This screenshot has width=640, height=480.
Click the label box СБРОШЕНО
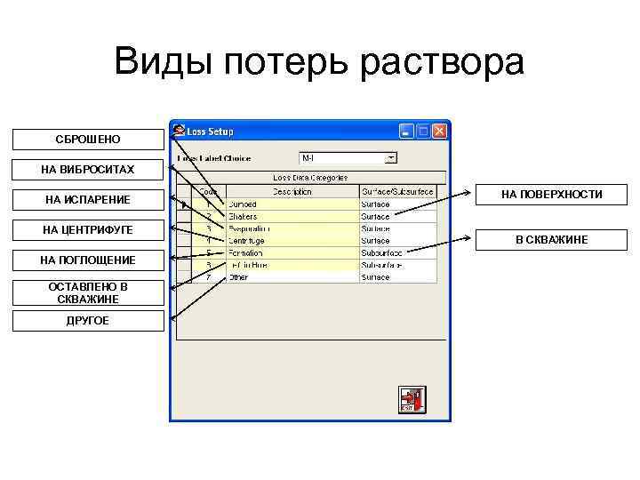(x=88, y=140)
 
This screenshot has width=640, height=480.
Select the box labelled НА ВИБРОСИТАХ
(x=88, y=169)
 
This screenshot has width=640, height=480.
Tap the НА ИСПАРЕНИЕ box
(x=88, y=200)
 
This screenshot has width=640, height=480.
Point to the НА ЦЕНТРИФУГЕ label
(x=88, y=230)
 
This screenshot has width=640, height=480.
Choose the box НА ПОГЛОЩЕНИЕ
(x=88, y=260)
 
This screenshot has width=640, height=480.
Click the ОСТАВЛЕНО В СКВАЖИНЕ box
(x=88, y=292)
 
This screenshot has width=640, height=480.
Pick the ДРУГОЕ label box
(x=88, y=321)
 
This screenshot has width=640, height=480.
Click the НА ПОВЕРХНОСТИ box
(x=552, y=194)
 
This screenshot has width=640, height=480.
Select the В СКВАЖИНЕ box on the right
(x=552, y=240)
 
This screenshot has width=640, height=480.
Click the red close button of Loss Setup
(x=439, y=132)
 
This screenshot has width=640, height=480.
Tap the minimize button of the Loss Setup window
(x=407, y=132)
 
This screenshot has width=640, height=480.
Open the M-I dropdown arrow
(x=391, y=158)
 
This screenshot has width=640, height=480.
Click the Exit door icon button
(x=412, y=399)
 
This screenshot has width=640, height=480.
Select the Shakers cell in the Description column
(x=292, y=216)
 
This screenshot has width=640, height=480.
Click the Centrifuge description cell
(x=292, y=240)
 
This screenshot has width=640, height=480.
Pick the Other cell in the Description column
(x=292, y=277)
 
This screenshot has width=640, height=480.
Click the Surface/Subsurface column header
(x=397, y=191)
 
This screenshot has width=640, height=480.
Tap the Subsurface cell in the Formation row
(x=397, y=252)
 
